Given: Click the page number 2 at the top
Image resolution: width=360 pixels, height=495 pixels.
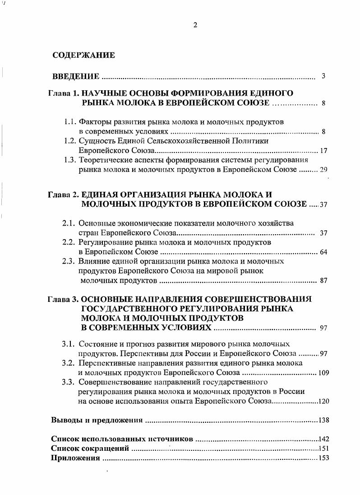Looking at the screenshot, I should coord(195,25).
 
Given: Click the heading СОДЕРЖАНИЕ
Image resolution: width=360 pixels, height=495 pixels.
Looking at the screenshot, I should coord(83,56).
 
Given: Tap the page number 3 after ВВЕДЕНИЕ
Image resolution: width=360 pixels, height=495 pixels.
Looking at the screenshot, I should coord(323,76).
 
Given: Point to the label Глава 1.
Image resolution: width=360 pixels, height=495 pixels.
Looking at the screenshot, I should coord(64,93).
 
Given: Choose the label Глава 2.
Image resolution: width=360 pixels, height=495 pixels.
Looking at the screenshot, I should coord(64,195).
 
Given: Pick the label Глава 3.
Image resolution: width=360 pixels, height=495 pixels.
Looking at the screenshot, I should coord(64,299).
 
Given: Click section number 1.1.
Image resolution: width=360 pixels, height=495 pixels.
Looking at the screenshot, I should coord(69,122).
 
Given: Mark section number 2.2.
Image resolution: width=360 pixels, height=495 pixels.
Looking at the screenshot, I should coord(69,242).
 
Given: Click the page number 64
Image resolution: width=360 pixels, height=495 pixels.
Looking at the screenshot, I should coord(323,252).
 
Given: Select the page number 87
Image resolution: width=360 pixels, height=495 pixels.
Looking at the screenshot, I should coord(323,280).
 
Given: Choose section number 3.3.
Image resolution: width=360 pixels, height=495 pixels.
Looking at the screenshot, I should coord(69,382).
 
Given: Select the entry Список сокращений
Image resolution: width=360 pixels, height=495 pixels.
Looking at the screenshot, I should coord(90,449).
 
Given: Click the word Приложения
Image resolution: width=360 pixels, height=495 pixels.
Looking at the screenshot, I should coord(75,458).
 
